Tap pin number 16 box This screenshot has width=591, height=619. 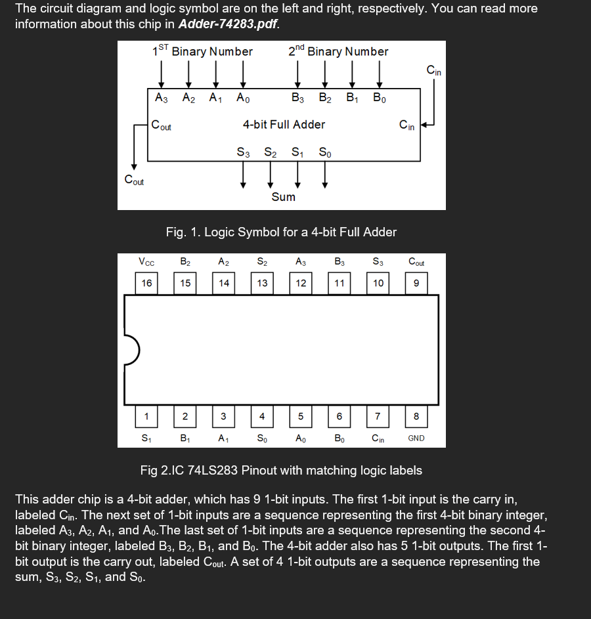[146, 283]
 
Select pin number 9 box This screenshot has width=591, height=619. [416, 283]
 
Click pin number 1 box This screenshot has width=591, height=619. [146, 416]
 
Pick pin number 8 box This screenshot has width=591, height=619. [416, 416]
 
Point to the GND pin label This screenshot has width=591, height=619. [416, 438]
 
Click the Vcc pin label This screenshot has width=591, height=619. [146, 262]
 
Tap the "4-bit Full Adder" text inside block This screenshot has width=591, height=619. [284, 124]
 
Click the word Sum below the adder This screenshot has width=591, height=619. [284, 197]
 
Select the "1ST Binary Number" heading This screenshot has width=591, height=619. [202, 51]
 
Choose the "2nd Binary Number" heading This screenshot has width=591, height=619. [338, 51]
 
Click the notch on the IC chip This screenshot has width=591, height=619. [131, 349]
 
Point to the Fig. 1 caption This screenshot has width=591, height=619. [281, 232]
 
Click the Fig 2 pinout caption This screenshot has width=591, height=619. [281, 470]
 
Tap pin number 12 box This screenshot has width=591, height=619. [301, 283]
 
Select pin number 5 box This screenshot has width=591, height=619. [301, 416]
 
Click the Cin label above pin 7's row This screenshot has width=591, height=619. [378, 438]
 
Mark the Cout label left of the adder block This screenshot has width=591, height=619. [134, 181]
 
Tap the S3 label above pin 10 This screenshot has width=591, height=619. [378, 262]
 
